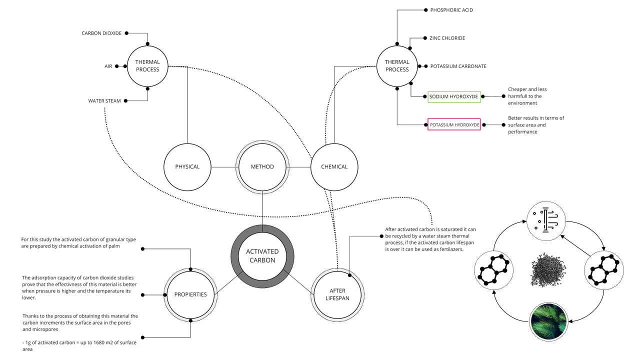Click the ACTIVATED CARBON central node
coord(262,255)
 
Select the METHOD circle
coord(262,166)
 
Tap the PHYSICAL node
coord(187,166)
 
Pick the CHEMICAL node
coord(334,166)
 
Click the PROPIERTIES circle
coord(190,294)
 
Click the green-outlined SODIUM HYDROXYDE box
coord(454,96)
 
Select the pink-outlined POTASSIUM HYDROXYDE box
coord(454,124)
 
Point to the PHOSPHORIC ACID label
coord(451,10)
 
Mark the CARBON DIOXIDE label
coord(101,33)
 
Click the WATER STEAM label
coord(104,101)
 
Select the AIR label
coord(108,66)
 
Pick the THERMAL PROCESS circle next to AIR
coord(147,66)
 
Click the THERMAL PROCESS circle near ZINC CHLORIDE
coord(397,66)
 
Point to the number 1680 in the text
coord(90,342)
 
